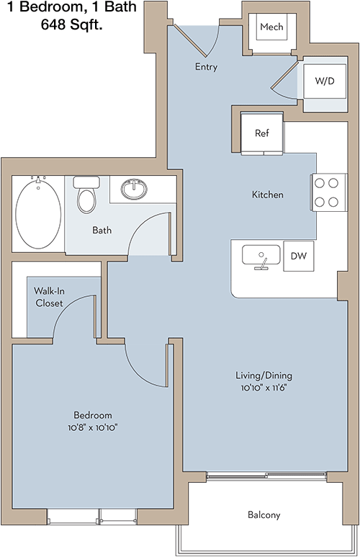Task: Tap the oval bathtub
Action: coord(38,214)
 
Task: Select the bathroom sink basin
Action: coord(134,189)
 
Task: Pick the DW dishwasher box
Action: coord(299,256)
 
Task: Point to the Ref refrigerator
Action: coord(262,133)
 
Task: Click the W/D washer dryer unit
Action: coord(325,81)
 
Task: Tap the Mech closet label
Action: coord(271,27)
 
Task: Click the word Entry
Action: coord(206,67)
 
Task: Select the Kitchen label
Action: coord(268,195)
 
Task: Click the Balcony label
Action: coord(264,514)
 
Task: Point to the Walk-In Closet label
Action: coord(50,297)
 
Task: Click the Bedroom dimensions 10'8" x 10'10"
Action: coord(93,427)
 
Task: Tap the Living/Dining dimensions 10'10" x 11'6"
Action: coord(264,388)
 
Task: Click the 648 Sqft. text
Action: coord(72,24)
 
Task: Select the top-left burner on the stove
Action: coord(320,183)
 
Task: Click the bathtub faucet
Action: coord(38,179)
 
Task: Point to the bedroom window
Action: coord(92,516)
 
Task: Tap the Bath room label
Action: coord(102,230)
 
